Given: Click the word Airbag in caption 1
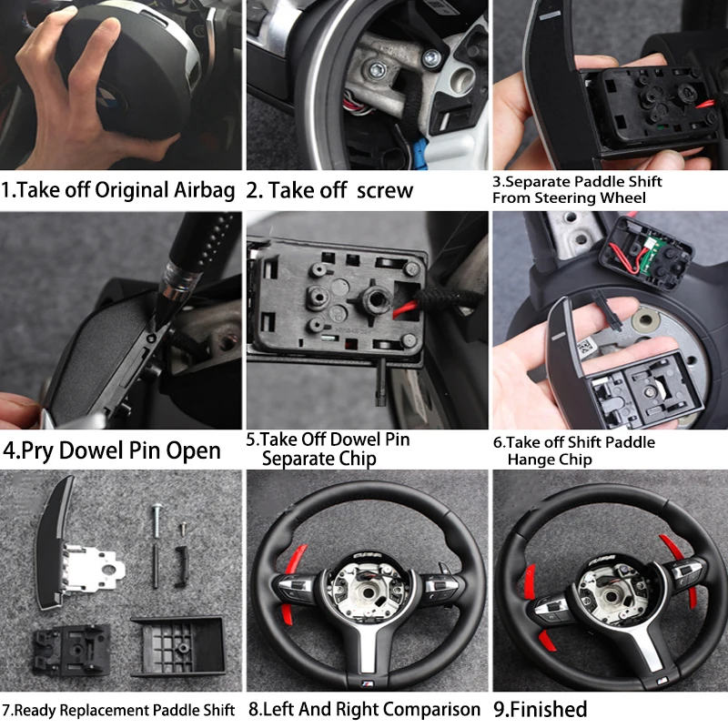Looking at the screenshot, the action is coord(204,190).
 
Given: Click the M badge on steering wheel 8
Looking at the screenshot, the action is coord(368,683).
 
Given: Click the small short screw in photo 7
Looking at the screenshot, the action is coord(184,528).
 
